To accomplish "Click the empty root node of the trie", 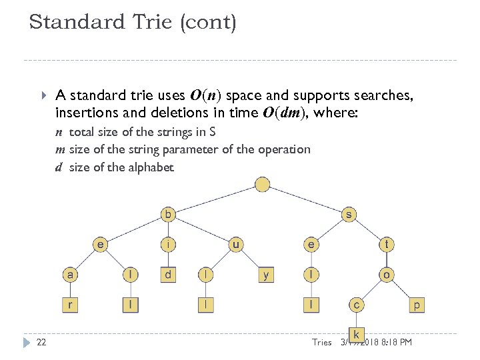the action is (x=263, y=185).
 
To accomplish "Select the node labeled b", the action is (x=169, y=215).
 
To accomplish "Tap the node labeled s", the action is (x=349, y=215).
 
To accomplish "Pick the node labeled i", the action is (x=169, y=245).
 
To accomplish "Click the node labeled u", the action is (x=236, y=245).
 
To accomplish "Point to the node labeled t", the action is (x=387, y=245).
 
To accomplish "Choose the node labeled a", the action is (x=70, y=275).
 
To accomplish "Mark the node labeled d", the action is (x=169, y=275).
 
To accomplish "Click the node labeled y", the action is (x=266, y=275).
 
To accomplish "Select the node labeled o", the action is (x=387, y=275).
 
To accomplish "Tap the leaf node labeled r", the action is (x=70, y=305).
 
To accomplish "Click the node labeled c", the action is (x=357, y=305).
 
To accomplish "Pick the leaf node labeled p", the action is (x=417, y=305).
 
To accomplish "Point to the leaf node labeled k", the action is (x=357, y=334).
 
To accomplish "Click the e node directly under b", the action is (x=100, y=245).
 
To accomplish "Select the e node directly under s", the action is (x=311, y=245).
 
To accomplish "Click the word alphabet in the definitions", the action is (x=149, y=167).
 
